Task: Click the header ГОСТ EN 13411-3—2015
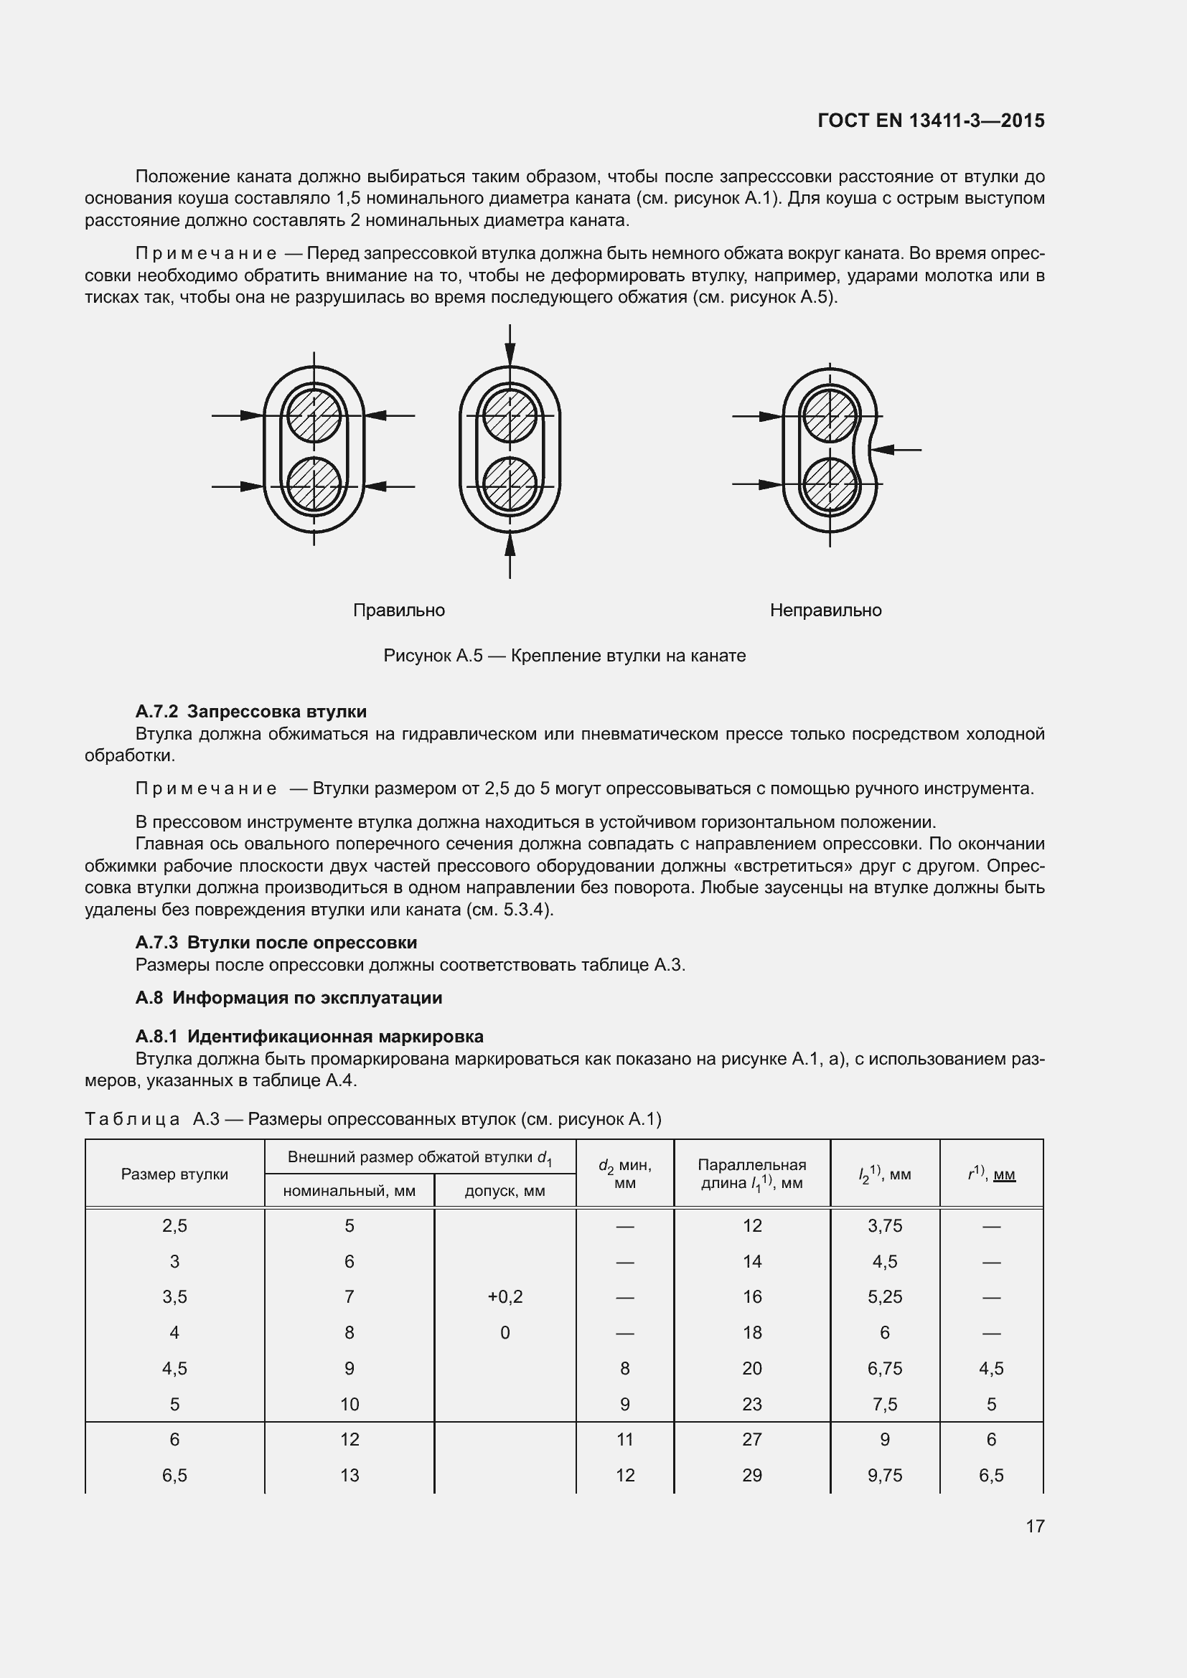[x=931, y=121]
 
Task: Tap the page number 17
[x=1035, y=1525]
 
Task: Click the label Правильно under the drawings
[x=398, y=611]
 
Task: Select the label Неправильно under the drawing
[x=825, y=611]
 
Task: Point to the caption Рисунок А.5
[x=564, y=656]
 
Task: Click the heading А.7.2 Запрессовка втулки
[x=250, y=711]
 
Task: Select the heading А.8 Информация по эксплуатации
[x=288, y=998]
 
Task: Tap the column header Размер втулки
[x=174, y=1174]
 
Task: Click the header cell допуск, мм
[x=505, y=1191]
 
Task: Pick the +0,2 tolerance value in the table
[x=505, y=1296]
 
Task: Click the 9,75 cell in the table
[x=884, y=1475]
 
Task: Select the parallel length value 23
[x=751, y=1404]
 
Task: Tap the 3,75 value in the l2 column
[x=884, y=1225]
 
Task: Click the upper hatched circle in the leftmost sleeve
[x=314, y=416]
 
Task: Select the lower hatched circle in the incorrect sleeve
[x=830, y=484]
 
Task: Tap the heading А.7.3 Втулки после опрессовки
[x=276, y=942]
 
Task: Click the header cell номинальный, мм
[x=349, y=1191]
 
